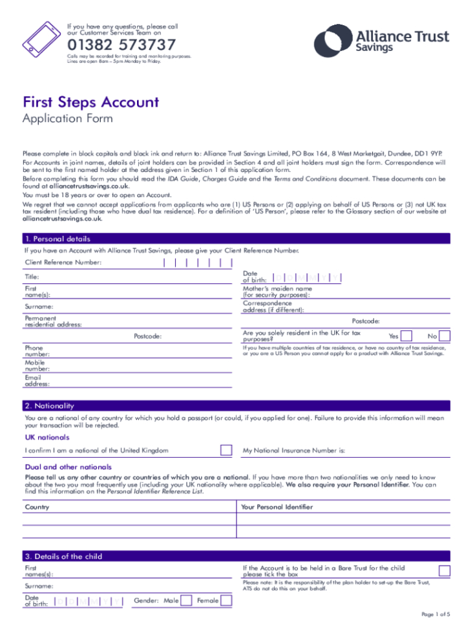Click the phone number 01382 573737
point(121,45)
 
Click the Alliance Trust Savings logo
point(381,39)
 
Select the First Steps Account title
point(90,102)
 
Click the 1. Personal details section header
point(58,239)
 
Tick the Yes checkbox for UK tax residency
point(406,336)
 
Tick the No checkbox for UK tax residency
point(445,336)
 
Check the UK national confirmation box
point(226,450)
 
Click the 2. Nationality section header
point(50,406)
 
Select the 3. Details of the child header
point(63,556)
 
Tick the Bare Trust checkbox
point(445,571)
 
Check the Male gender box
point(186,601)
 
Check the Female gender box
point(226,601)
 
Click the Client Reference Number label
point(63,262)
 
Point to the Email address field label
point(37,381)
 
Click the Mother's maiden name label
point(277,292)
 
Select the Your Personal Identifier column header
point(277,507)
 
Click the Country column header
point(37,507)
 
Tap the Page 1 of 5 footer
point(436,613)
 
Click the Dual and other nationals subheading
point(68,467)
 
